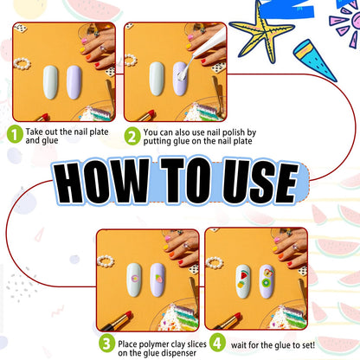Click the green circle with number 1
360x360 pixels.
[15, 134]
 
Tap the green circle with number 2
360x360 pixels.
[132, 136]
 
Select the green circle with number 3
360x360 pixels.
[106, 343]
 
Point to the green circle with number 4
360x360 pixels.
[217, 343]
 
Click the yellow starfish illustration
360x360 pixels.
[262, 32]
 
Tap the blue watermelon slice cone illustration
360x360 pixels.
[314, 60]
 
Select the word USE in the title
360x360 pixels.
[260, 181]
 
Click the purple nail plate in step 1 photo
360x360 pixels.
[74, 82]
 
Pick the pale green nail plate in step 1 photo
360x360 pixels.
[50, 82]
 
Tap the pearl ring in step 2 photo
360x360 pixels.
[131, 61]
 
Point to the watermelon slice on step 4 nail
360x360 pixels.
[244, 274]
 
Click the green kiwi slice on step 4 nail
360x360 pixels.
[267, 282]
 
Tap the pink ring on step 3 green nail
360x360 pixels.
[135, 279]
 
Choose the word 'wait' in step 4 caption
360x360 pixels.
[239, 345]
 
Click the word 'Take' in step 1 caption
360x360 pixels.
[35, 132]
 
